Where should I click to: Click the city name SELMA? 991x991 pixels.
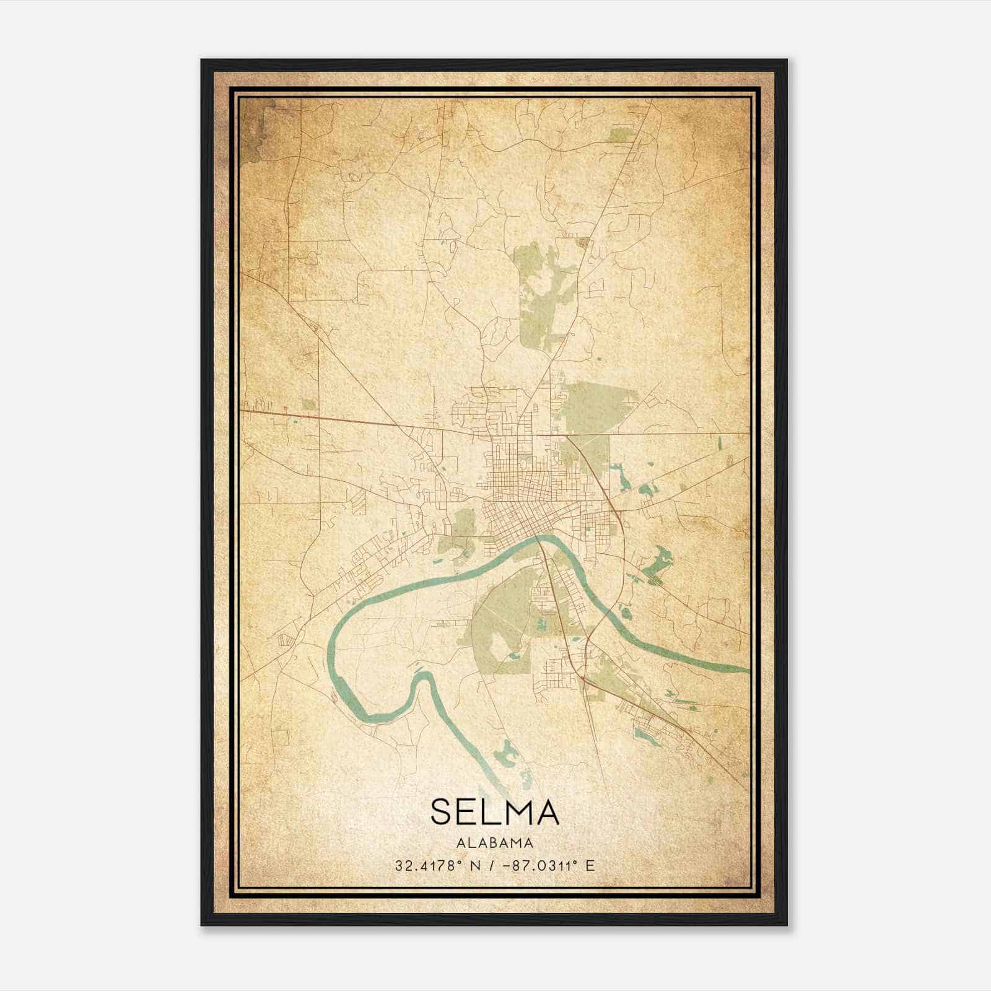point(494,812)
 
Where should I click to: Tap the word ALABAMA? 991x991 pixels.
point(494,842)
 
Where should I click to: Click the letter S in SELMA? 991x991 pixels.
point(440,812)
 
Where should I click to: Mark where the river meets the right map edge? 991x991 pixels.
point(746,670)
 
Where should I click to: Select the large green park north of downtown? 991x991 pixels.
point(545,291)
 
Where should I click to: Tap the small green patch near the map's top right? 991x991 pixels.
point(619,134)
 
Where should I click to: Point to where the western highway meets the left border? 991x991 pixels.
point(242,410)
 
